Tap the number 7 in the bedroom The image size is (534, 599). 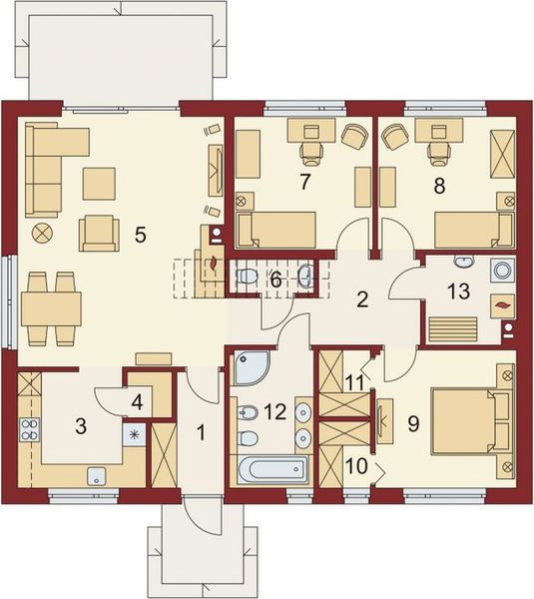[x=305, y=181]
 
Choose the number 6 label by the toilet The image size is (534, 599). [x=275, y=280]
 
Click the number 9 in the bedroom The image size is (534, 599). [x=413, y=421]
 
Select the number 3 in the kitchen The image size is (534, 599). [x=82, y=426]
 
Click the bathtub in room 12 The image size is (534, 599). [x=272, y=467]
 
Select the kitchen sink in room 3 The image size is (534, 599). [x=97, y=474]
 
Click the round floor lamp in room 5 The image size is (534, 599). [x=42, y=233]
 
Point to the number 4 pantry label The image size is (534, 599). [x=137, y=402]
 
